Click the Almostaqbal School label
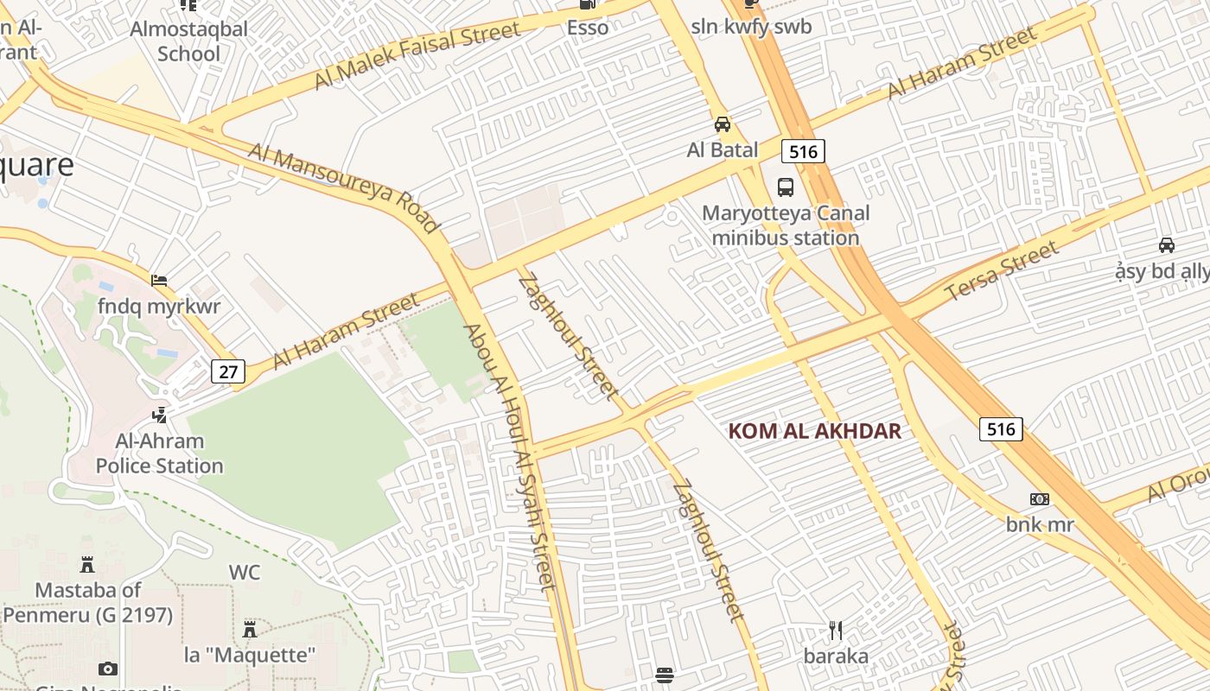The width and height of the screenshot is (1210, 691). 188,41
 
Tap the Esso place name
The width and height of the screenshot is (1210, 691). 588,27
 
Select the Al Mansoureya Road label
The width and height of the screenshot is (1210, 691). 344,188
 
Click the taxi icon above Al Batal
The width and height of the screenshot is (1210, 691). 723,124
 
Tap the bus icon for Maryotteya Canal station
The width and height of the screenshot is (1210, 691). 786,187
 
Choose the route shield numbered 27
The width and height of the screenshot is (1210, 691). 228,371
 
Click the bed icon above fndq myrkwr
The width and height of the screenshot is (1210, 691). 159,280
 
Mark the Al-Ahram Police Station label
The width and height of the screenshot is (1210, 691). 159,453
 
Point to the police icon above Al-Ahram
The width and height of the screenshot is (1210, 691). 159,415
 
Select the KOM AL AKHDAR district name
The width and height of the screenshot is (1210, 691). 814,430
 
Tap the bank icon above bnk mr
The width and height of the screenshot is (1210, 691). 1040,499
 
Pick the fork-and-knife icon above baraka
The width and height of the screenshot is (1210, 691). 836,631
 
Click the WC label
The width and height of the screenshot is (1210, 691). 245,572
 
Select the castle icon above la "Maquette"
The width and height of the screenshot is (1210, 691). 250,628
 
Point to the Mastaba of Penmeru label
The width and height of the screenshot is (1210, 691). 87,603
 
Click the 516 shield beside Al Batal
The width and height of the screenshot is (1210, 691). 803,152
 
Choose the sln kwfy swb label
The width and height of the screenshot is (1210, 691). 751,27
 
